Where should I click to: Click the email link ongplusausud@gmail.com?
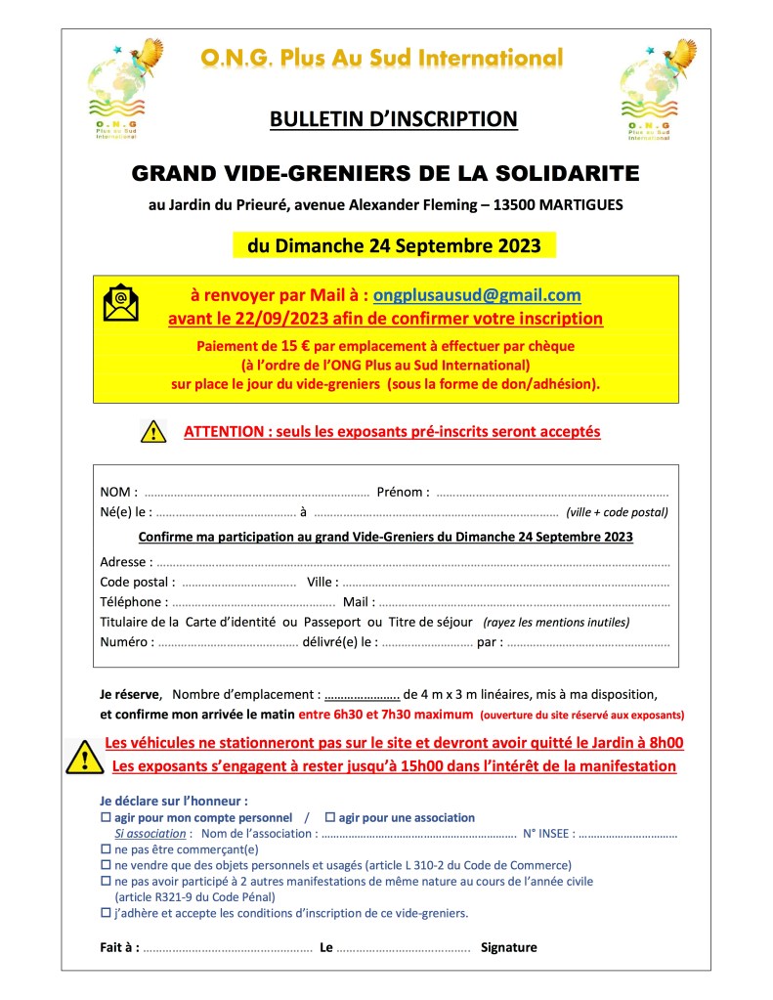[x=477, y=295]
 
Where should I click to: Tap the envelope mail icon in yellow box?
[x=120, y=303]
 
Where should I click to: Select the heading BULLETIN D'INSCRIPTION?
[x=393, y=119]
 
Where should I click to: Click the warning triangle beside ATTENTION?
[x=153, y=430]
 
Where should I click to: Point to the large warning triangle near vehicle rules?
[x=83, y=755]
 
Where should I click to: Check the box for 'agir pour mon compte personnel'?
[x=107, y=817]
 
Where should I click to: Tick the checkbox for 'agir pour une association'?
[x=330, y=817]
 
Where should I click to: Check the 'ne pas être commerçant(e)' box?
[x=107, y=849]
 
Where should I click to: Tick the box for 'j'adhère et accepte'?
[x=107, y=913]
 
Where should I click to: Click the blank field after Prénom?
[x=552, y=493]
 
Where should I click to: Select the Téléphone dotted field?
[x=253, y=603]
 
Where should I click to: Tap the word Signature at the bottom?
[x=508, y=947]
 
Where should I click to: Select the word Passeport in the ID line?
[x=332, y=622]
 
